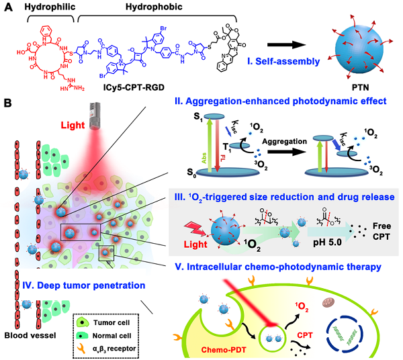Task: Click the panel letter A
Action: pyautogui.click(x=8, y=8)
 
